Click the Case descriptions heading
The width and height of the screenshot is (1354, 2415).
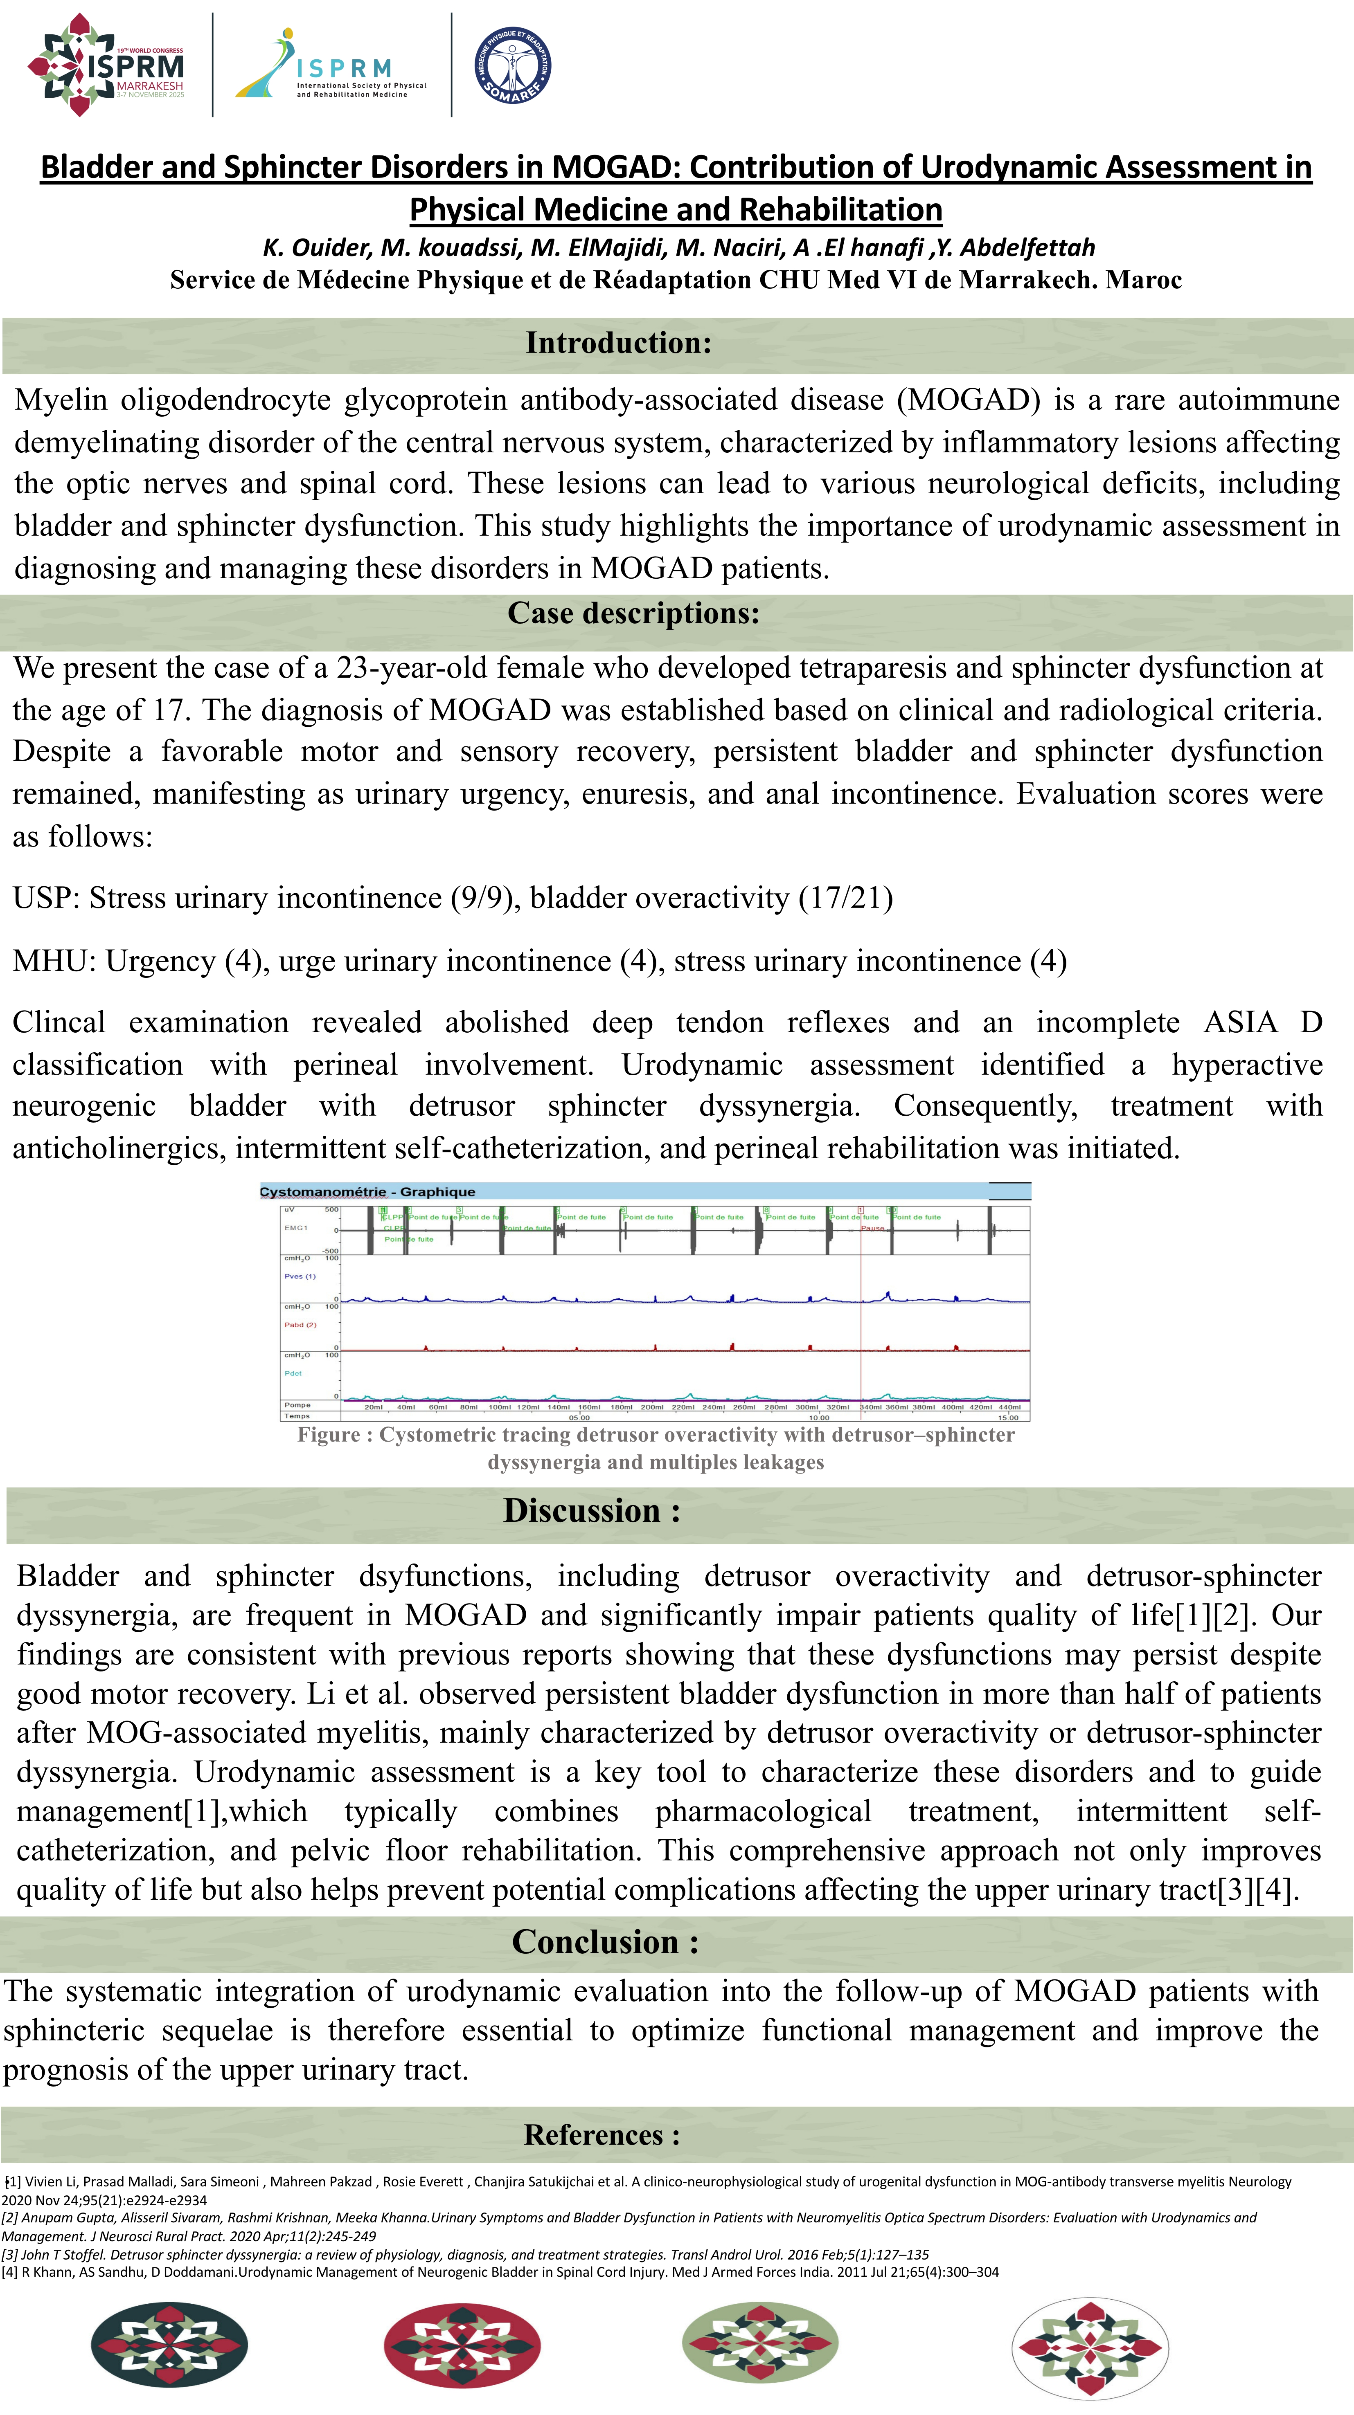point(633,613)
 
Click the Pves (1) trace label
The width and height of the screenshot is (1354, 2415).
point(300,1276)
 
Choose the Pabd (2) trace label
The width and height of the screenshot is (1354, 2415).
point(300,1325)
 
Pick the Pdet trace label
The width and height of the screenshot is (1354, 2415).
point(293,1373)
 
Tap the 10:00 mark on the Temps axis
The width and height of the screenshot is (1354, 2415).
point(819,1418)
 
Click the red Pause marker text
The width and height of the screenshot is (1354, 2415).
point(872,1228)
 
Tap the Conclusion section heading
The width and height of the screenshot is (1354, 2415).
point(605,1941)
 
